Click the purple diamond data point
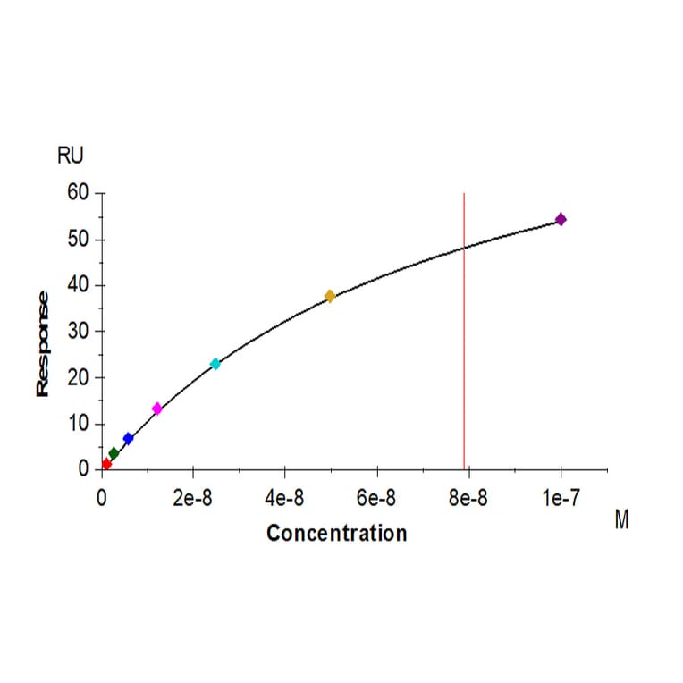(x=561, y=219)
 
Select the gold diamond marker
(x=330, y=296)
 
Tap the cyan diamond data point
(x=215, y=364)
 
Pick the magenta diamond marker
(x=157, y=409)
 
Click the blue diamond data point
(x=128, y=439)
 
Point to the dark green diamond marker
(x=114, y=453)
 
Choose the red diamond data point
(x=106, y=464)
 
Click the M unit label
(x=621, y=520)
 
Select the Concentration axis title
(x=336, y=534)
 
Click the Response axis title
(x=42, y=343)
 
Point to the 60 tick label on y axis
(x=78, y=193)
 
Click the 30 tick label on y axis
(x=78, y=332)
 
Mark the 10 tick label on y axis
(x=78, y=424)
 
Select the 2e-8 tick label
(x=192, y=498)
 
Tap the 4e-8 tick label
(x=284, y=498)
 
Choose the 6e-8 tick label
(x=376, y=498)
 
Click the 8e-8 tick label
(x=468, y=498)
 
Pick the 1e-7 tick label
(x=561, y=498)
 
